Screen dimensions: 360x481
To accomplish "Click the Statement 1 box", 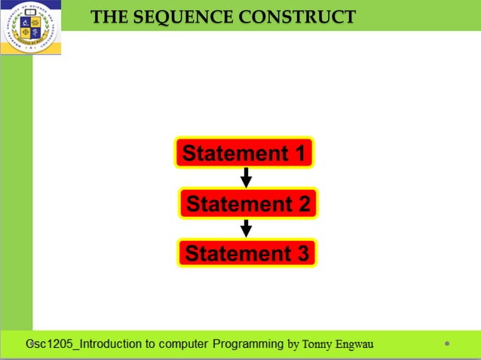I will point(244,154).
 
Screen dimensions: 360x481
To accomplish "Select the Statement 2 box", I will point(248,203).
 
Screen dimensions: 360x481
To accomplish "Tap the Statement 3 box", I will point(247,253).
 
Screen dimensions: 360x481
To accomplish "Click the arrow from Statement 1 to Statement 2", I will point(246,178).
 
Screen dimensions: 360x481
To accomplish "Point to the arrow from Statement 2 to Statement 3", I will point(246,228).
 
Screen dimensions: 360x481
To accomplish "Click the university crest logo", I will point(31,28).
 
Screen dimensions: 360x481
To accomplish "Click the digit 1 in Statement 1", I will point(299,154).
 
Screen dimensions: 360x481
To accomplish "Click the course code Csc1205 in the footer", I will point(50,344).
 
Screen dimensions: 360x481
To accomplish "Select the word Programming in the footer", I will point(249,344).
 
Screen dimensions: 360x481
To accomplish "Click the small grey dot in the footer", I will point(447,343).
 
